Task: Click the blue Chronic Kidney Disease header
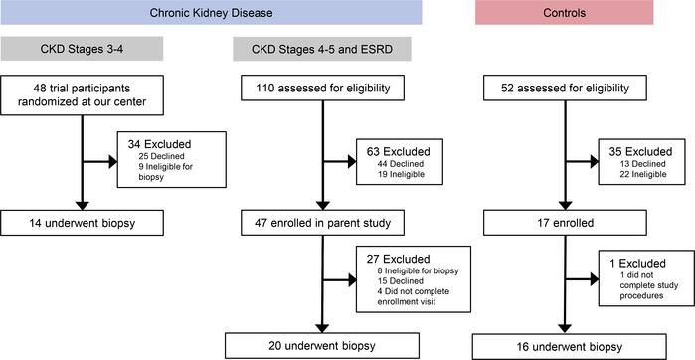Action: tap(211, 13)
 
